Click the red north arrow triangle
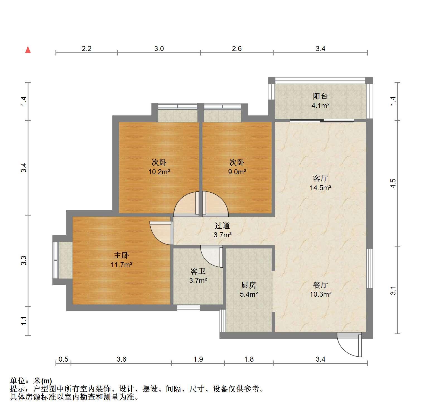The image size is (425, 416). (28, 50)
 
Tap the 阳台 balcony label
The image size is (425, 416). (320, 96)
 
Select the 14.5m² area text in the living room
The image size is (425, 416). (320, 188)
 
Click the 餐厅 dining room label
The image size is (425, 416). (320, 285)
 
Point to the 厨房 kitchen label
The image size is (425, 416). (248, 285)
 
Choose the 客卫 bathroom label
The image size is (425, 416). (198, 271)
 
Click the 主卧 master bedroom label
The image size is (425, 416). (121, 255)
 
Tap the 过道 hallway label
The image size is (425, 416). (222, 225)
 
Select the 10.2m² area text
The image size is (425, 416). (159, 172)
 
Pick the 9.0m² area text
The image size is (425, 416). (237, 172)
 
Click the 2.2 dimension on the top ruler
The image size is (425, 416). (86, 49)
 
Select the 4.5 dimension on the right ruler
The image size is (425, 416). (393, 183)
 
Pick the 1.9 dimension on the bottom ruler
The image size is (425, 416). (198, 359)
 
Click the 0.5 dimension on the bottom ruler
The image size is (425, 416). (63, 359)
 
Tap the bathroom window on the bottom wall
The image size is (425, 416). (189, 308)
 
